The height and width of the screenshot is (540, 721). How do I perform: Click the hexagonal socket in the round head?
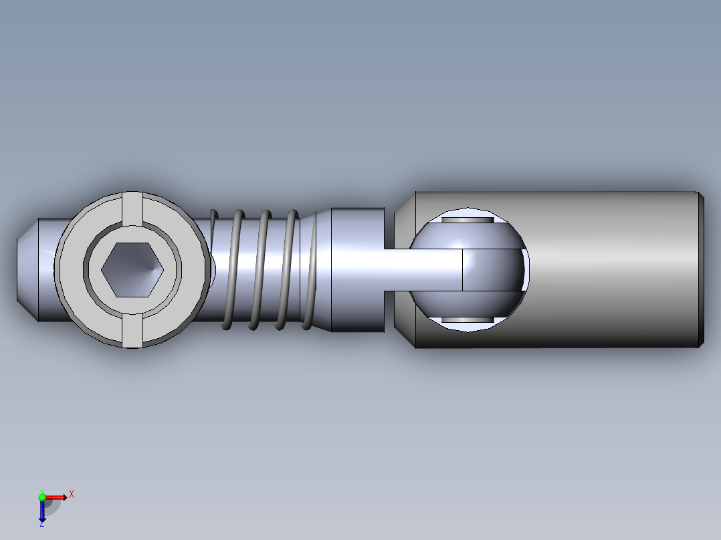[132, 270]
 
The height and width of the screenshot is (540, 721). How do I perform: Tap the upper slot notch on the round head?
[132, 209]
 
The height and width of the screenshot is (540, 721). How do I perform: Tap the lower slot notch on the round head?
[132, 331]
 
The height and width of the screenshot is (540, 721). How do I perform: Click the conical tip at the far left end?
[27, 270]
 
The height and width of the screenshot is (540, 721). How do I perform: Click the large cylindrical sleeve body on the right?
[607, 270]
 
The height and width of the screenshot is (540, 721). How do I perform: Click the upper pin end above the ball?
[468, 220]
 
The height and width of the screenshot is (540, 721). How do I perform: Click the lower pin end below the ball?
[468, 319]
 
